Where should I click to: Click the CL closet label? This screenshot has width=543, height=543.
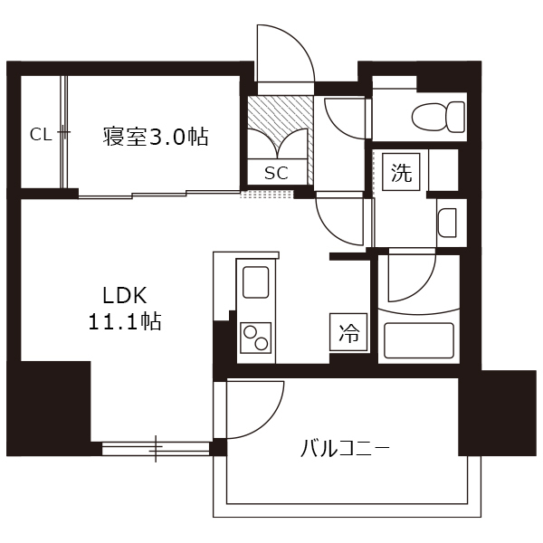coord(41,135)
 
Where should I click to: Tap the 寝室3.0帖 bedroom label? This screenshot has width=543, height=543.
coord(156,137)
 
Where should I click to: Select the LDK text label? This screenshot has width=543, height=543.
coord(125,296)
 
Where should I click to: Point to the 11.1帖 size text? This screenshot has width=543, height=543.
coord(125,321)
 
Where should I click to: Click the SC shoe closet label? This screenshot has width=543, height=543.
coord(276,173)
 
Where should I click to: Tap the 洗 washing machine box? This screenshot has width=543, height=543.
coord(401,172)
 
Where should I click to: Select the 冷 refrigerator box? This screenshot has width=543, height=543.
coord(348,332)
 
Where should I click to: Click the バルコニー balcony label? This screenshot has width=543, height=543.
coord(345,449)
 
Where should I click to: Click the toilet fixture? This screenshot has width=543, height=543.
coord(438,117)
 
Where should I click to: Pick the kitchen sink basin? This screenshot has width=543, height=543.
coord(256,282)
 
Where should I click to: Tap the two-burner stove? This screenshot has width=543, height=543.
coord(255,338)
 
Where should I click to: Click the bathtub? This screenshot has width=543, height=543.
coord(419,340)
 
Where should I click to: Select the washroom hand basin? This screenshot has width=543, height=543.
coord(447,223)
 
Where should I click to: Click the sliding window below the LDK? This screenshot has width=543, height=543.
coord(156,449)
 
